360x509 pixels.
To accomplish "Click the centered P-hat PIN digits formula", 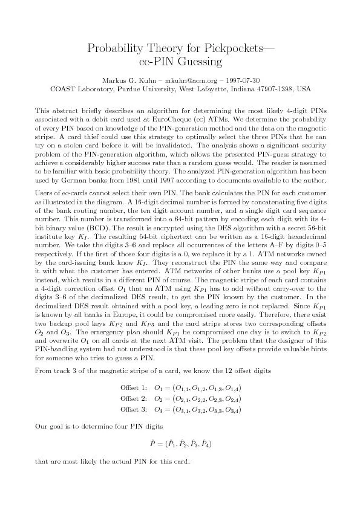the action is (x=180, y=444).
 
